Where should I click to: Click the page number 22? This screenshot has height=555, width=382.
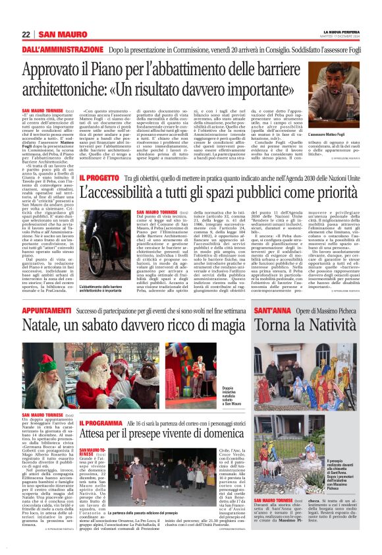click(26, 34)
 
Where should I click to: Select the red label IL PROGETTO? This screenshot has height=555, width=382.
click(99, 178)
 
